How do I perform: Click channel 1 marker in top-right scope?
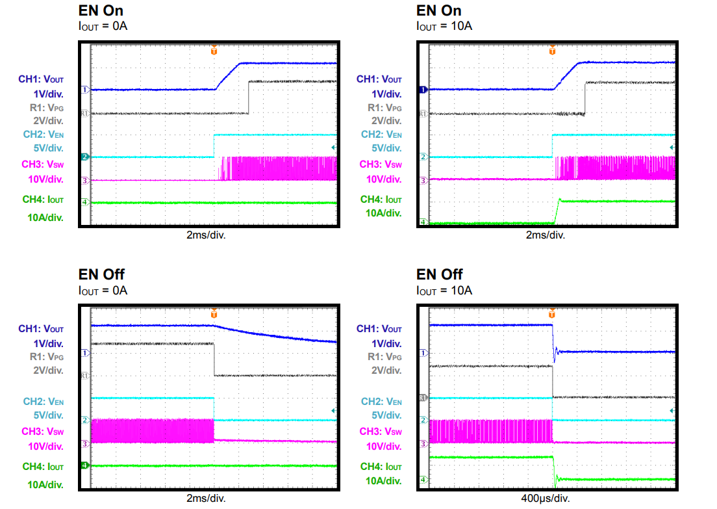[x=423, y=90]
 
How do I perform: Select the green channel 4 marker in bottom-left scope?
[x=84, y=465]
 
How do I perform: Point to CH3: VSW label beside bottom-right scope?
[x=381, y=432]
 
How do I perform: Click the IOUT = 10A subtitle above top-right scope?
[x=444, y=27]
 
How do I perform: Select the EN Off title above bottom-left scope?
[x=102, y=274]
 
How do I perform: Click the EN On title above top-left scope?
[x=101, y=10]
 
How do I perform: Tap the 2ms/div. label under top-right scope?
[x=546, y=235]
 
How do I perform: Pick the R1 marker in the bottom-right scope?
[x=423, y=397]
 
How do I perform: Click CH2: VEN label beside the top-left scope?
[x=44, y=135]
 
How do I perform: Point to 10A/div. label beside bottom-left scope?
[x=45, y=484]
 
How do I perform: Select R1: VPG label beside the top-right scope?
[x=384, y=107]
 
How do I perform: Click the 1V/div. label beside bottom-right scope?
[x=386, y=343]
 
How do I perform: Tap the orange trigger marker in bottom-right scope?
[x=552, y=314]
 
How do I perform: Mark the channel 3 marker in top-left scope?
[x=84, y=181]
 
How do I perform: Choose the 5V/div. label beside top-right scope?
[x=386, y=148]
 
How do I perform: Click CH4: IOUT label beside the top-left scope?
[x=43, y=200]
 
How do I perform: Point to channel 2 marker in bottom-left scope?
[x=84, y=421]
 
